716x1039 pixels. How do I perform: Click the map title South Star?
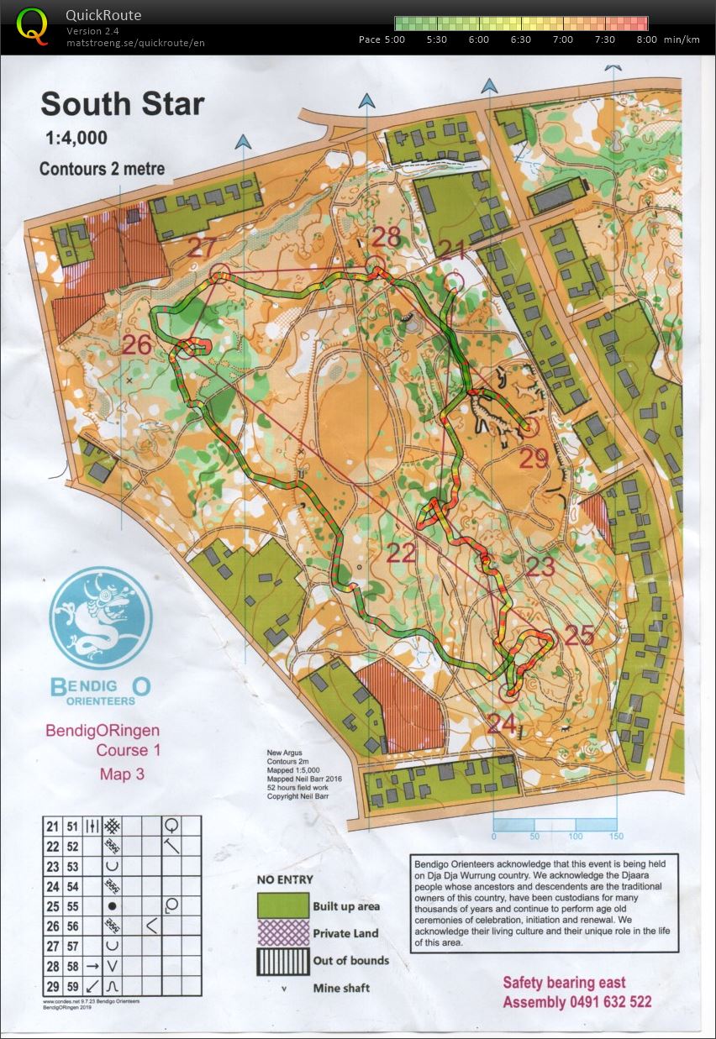(122, 104)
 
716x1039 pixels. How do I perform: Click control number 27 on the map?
(202, 248)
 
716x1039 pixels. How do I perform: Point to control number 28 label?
(386, 237)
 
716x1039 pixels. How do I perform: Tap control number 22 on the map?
(402, 552)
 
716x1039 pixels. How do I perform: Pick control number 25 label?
(579, 636)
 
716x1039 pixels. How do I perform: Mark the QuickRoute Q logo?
(33, 25)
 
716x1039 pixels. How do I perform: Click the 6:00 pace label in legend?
(478, 39)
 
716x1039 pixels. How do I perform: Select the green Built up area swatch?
(282, 905)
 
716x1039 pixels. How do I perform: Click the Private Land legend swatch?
(282, 932)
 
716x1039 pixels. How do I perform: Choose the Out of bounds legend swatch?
(282, 960)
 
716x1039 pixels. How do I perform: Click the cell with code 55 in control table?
(72, 906)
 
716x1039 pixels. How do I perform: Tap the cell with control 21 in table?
(52, 826)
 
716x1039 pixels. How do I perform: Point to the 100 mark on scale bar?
(576, 837)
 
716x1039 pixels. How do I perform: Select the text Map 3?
(122, 774)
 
